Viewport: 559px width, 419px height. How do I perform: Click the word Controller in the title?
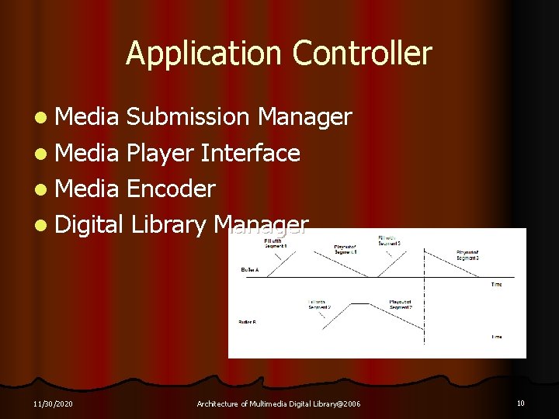pyautogui.click(x=362, y=54)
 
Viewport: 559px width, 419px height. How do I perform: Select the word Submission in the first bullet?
pyautogui.click(x=187, y=117)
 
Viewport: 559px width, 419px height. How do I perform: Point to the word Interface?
pyautogui.click(x=250, y=154)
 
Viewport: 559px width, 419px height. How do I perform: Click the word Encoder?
pyautogui.click(x=170, y=189)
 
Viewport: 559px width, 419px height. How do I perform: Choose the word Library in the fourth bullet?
pyautogui.click(x=168, y=225)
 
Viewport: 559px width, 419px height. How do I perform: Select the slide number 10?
pyautogui.click(x=520, y=403)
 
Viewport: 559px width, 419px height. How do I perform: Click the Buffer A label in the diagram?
pyautogui.click(x=250, y=270)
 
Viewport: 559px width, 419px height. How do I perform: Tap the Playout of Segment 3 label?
pyautogui.click(x=467, y=255)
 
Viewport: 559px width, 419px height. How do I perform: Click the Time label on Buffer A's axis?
pyautogui.click(x=496, y=285)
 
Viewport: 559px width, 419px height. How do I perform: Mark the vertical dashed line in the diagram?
pyautogui.click(x=424, y=295)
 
